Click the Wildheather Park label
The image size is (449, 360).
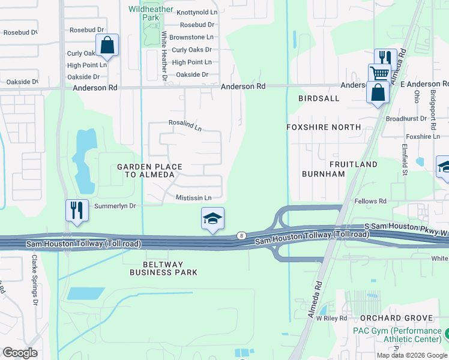tap(151, 13)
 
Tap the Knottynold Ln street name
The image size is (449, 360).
tap(196, 12)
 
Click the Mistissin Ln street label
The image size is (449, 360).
tap(193, 197)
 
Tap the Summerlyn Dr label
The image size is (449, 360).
tap(116, 206)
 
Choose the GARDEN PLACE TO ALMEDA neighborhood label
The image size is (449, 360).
tap(146, 170)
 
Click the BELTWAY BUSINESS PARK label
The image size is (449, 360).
tap(164, 268)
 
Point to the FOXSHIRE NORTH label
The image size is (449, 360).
tap(324, 127)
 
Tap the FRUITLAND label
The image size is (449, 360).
tap(353, 164)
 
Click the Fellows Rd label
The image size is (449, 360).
tap(370, 201)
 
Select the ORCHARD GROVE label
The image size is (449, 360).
tap(396, 317)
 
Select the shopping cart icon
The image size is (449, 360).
tap(379, 74)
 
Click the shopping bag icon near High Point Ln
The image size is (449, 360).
tap(107, 45)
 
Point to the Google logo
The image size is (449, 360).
tap(20, 353)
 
